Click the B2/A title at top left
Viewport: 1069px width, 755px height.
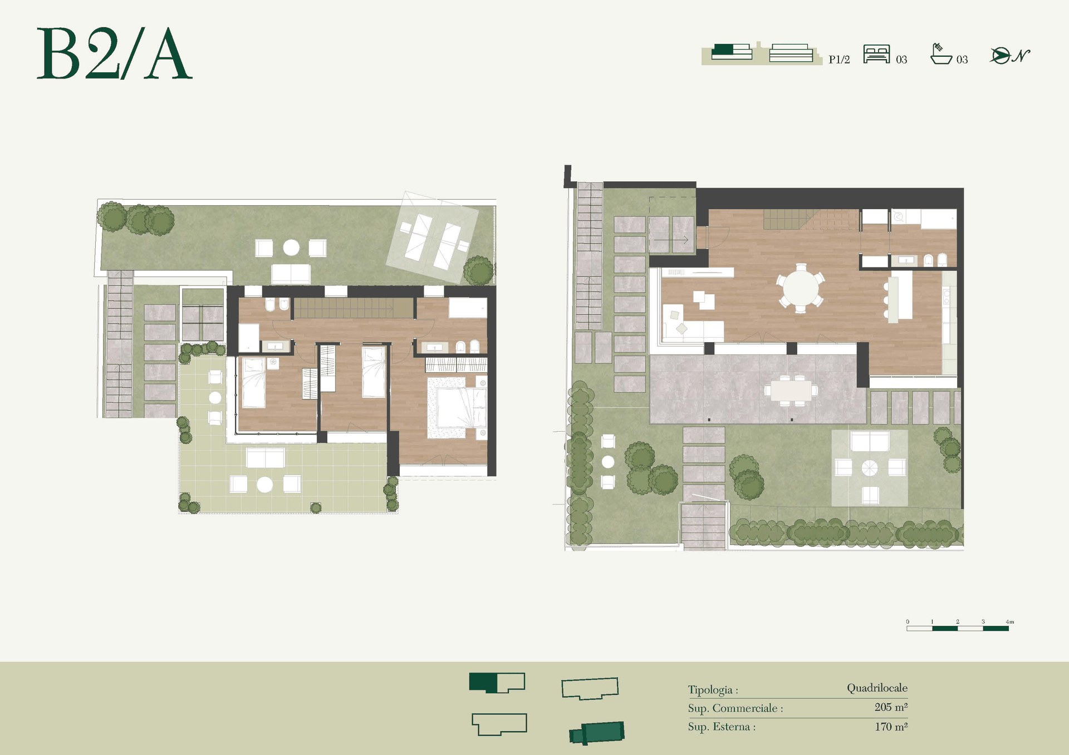click(114, 53)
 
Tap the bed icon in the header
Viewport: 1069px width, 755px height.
click(876, 55)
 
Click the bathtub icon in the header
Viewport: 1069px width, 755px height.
click(941, 54)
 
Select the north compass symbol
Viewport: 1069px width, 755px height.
click(1009, 56)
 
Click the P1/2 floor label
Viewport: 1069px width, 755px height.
click(839, 60)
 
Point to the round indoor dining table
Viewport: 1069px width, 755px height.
click(801, 288)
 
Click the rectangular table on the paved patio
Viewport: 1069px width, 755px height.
click(791, 390)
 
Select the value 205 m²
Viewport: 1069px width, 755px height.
click(891, 707)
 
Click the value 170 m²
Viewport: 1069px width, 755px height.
click(891, 727)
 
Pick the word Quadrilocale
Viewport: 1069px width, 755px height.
click(877, 688)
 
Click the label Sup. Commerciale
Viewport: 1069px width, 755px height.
click(735, 708)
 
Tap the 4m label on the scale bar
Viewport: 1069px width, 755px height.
click(1009, 621)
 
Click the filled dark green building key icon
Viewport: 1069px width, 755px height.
click(596, 733)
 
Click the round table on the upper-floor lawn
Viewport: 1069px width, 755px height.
click(291, 248)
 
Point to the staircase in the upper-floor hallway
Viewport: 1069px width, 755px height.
click(353, 308)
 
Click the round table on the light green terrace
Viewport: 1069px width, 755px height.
click(265, 485)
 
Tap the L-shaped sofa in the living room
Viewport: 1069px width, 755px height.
click(693, 323)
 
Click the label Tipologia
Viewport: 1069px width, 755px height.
click(713, 690)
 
